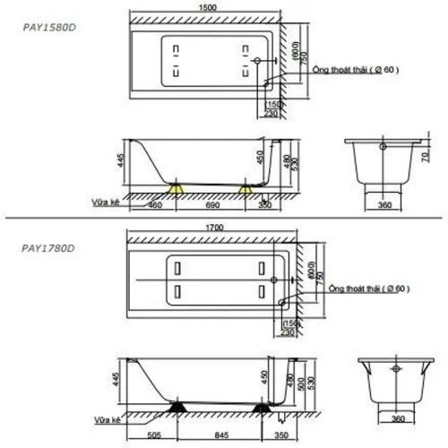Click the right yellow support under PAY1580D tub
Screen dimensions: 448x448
pyautogui.click(x=246, y=189)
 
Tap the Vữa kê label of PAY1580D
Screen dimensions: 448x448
pyautogui.click(x=105, y=202)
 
